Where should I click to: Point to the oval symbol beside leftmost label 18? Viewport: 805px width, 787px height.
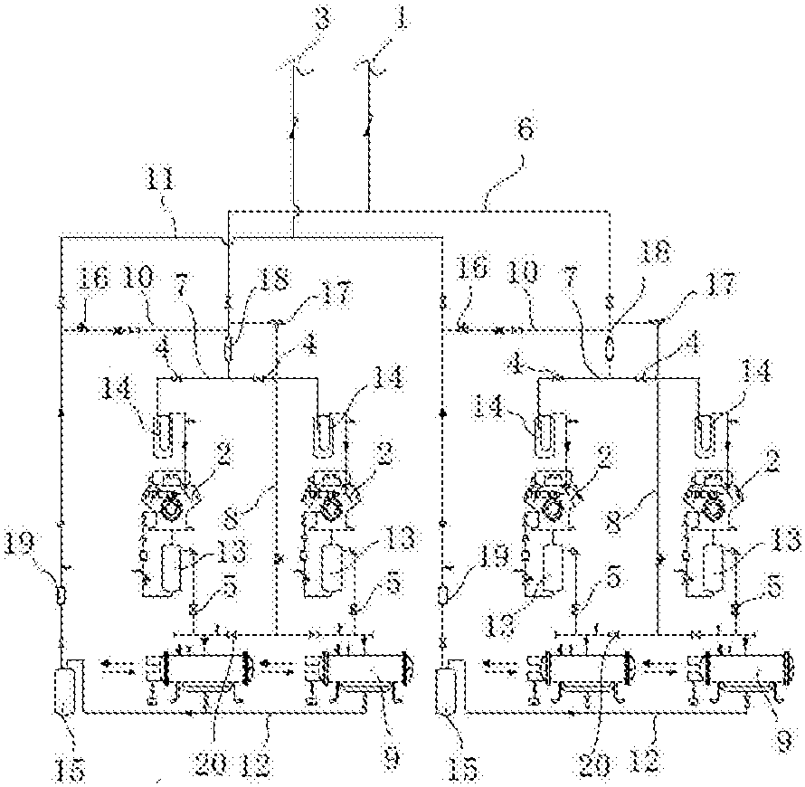229,348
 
